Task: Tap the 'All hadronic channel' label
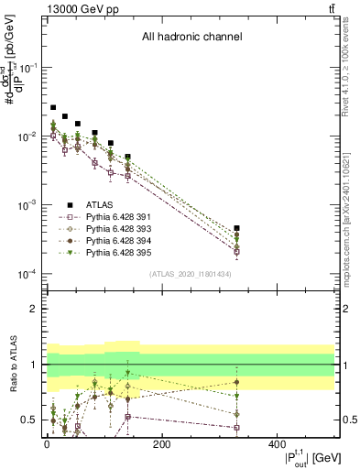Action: pos(191,38)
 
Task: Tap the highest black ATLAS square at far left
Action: pos(53,107)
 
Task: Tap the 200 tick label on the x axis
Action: pos(161,445)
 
